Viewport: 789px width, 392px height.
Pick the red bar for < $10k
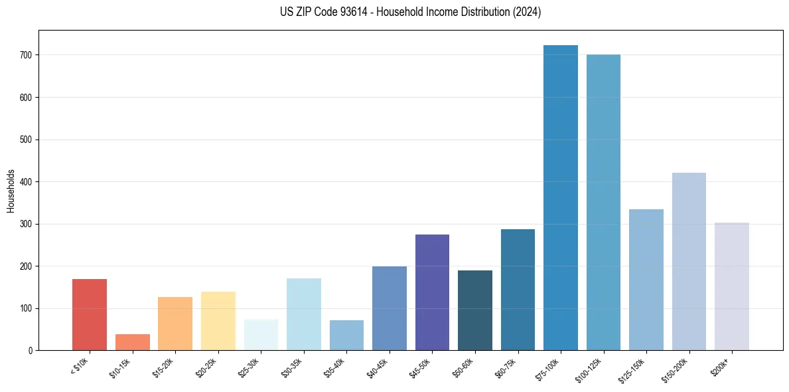tap(90, 315)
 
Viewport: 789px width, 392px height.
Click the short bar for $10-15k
tap(133, 342)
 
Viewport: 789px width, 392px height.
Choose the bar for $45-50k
tap(432, 292)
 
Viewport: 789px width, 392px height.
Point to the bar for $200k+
tap(732, 286)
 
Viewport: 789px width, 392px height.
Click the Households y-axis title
tap(11, 191)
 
